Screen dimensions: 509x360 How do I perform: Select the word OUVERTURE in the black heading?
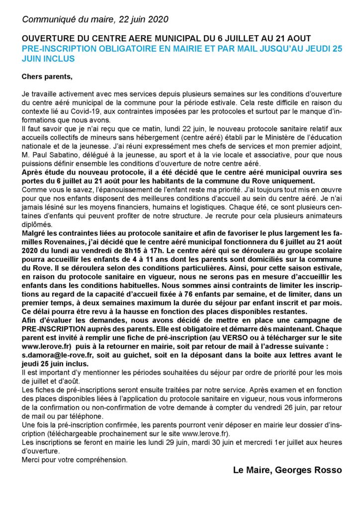click(45, 39)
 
